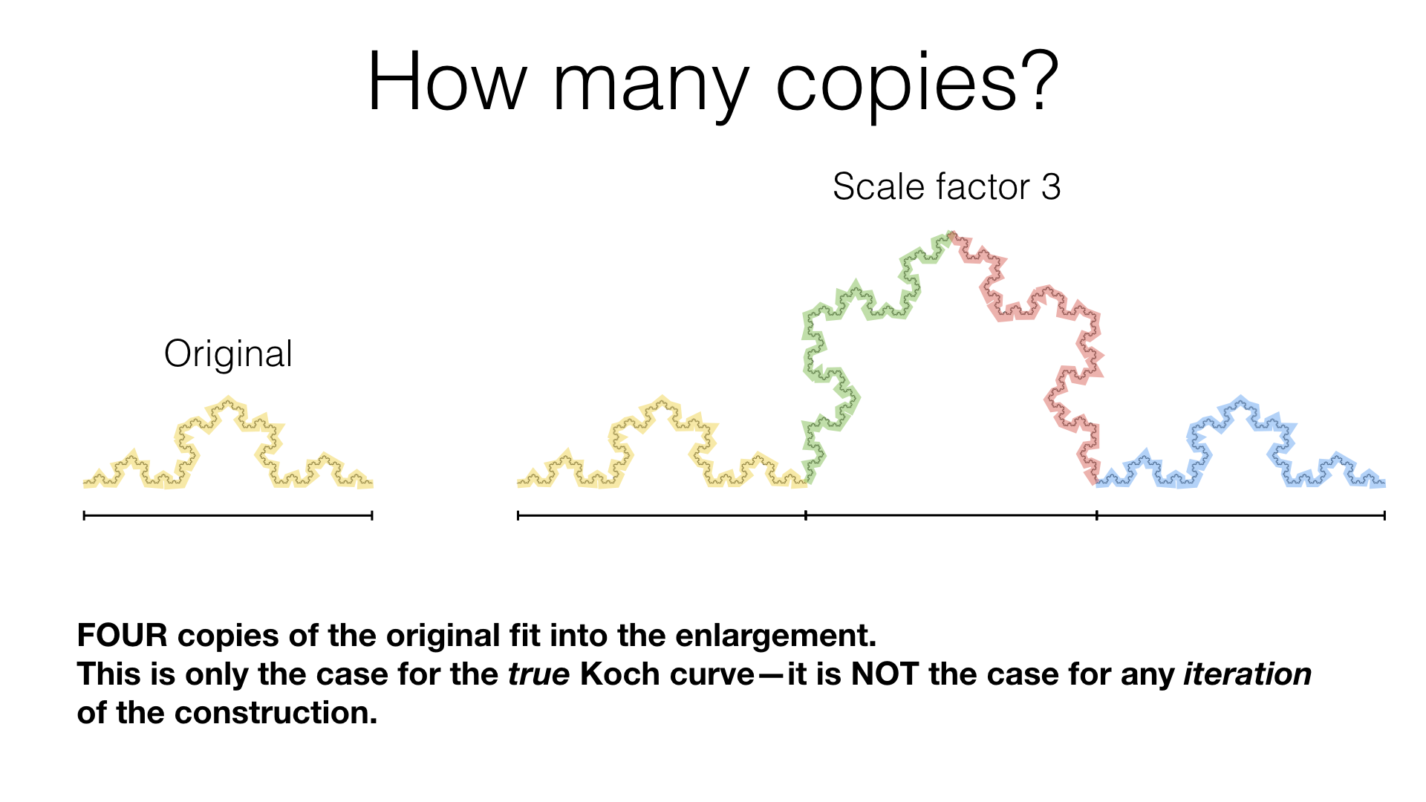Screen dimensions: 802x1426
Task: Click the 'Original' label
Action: click(x=228, y=354)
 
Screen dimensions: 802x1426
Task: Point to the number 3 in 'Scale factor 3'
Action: click(x=1050, y=186)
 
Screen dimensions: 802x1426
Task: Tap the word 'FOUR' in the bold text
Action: click(x=123, y=636)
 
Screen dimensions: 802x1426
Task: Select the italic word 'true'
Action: click(x=538, y=674)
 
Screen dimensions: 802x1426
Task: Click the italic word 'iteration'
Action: click(x=1247, y=674)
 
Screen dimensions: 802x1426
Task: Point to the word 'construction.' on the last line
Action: click(x=276, y=713)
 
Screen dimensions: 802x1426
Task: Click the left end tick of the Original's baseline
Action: click(x=85, y=515)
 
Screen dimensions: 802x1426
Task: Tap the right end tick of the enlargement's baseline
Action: click(x=1384, y=515)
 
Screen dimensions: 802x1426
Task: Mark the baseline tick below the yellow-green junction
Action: click(x=806, y=515)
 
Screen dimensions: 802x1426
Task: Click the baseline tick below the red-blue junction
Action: click(x=1097, y=515)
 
